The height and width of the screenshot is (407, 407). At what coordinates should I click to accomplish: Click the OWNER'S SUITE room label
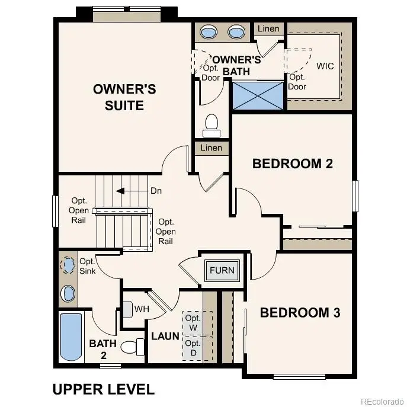tap(124, 97)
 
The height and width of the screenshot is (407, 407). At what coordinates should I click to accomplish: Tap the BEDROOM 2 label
tap(292, 164)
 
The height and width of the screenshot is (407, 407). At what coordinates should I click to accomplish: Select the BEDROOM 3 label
tap(300, 313)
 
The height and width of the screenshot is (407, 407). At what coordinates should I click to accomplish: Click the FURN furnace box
tap(222, 271)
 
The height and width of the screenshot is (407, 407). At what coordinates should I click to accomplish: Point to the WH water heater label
tap(142, 309)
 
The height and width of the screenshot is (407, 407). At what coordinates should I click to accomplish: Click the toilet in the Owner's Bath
tap(210, 123)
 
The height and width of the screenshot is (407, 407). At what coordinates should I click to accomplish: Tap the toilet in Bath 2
tap(132, 347)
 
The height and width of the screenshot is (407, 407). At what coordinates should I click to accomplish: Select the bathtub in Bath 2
tap(71, 337)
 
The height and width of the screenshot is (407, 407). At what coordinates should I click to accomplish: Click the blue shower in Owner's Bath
tap(258, 95)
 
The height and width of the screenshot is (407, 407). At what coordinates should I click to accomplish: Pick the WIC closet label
tap(325, 66)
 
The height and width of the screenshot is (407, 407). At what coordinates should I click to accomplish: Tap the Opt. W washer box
tap(192, 322)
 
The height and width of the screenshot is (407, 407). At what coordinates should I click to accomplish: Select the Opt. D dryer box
tap(192, 348)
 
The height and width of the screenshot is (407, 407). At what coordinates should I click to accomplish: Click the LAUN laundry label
tap(165, 336)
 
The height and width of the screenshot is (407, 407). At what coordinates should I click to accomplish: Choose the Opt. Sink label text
tap(87, 266)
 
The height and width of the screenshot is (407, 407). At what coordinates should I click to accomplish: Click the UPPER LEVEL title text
tap(103, 389)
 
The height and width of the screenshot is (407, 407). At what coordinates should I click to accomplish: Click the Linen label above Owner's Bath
tap(268, 28)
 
